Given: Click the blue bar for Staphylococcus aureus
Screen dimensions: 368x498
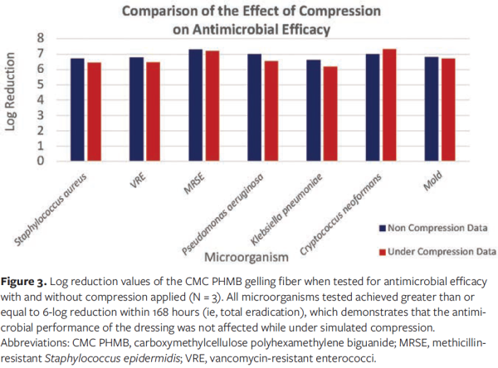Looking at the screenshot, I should point(76,109).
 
